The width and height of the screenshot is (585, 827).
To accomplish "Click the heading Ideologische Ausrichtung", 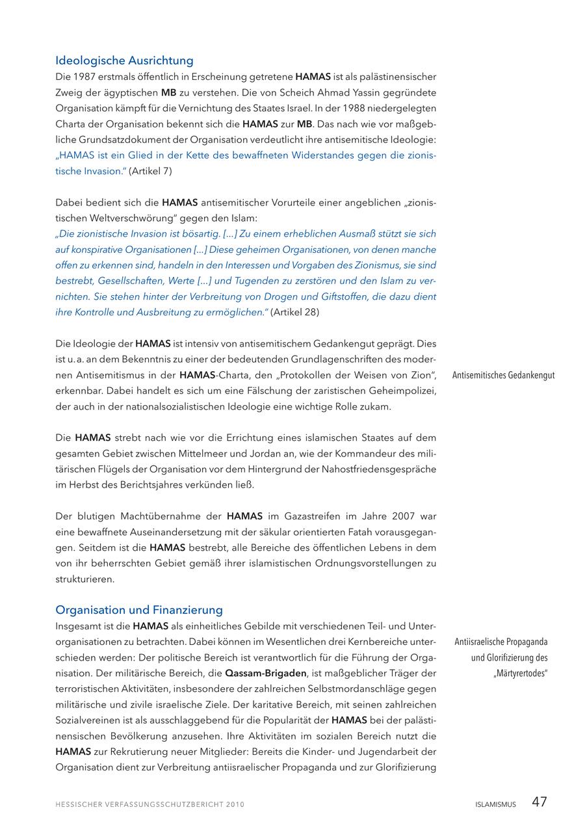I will [124, 60].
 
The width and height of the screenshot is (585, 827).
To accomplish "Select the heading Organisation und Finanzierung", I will [139, 610].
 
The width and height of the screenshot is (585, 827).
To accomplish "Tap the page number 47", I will [539, 802].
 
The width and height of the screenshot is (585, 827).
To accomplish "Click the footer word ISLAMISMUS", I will [495, 804].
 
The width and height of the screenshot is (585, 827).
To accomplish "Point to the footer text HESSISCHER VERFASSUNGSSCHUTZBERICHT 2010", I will [149, 804].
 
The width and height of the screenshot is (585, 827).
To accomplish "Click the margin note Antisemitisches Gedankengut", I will [503, 375].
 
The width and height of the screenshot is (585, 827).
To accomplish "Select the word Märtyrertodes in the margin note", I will [521, 673].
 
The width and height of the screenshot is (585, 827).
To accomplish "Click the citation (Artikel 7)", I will [150, 171].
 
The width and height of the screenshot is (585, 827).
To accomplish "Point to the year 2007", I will [405, 516].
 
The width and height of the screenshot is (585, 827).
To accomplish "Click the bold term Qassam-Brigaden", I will [266, 673].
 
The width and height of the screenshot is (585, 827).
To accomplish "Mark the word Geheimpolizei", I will [404, 391].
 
